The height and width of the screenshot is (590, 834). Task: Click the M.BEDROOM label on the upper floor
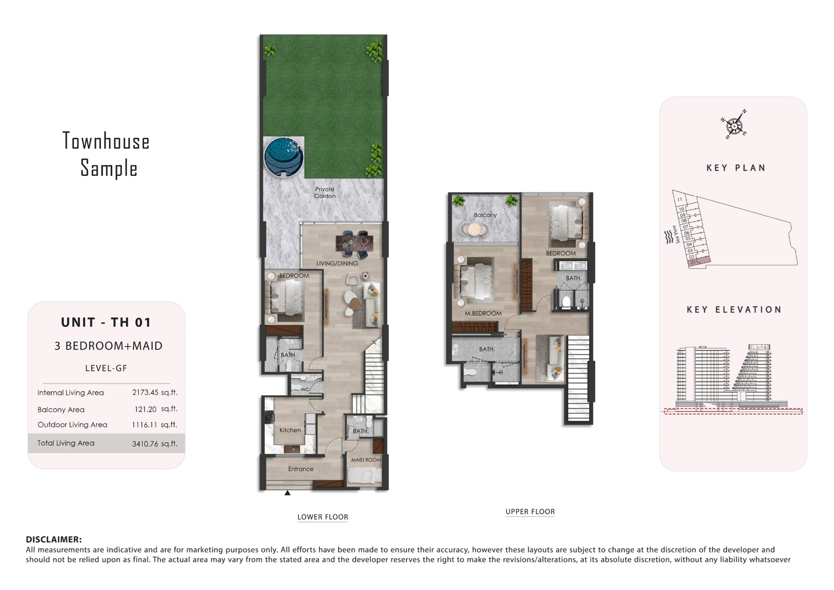[483, 313]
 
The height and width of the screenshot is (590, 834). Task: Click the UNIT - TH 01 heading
[106, 322]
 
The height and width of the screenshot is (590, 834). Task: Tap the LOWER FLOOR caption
[323, 517]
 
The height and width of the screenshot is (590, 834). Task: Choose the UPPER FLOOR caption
[530, 511]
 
